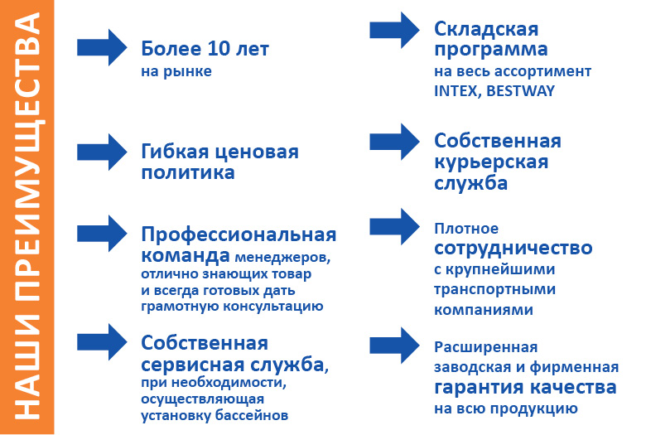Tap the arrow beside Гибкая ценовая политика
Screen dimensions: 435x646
pyautogui.click(x=103, y=152)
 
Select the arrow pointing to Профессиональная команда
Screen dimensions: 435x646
pyautogui.click(x=103, y=234)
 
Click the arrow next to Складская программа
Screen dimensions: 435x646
pyautogui.click(x=395, y=30)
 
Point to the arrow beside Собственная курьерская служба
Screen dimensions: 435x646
pyautogui.click(x=395, y=142)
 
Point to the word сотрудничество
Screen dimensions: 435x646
pyautogui.click(x=513, y=248)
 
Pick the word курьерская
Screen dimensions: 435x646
pyautogui.click(x=491, y=162)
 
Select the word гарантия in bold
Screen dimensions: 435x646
pyautogui.click(x=482, y=388)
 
